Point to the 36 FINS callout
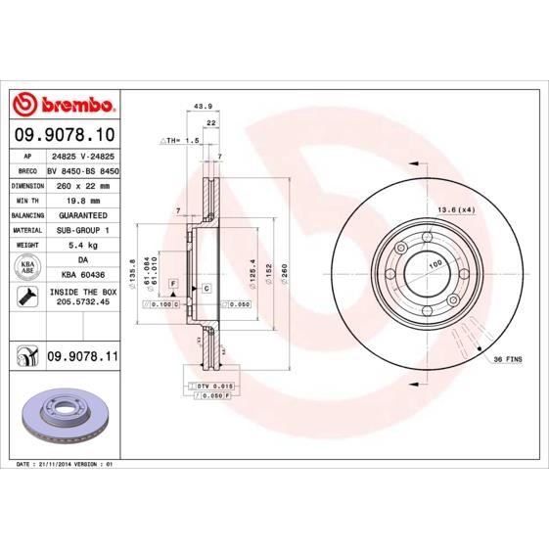[508, 359]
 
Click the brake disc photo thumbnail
[62, 415]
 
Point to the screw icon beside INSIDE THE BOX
[28, 297]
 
